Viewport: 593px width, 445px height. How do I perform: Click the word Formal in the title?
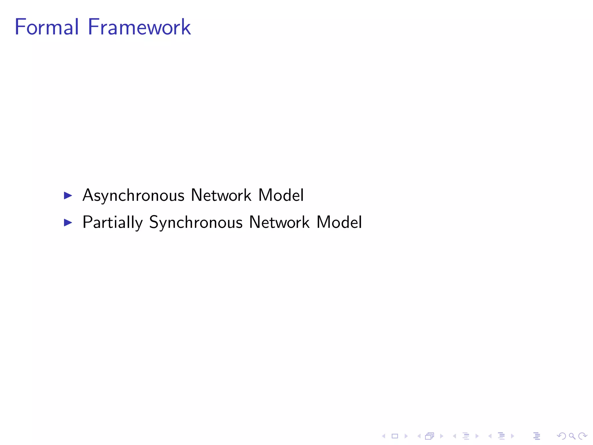46,27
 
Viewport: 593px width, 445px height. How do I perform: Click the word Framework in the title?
139,27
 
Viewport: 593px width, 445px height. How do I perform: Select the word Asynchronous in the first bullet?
133,196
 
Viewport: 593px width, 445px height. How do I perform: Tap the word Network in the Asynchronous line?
221,195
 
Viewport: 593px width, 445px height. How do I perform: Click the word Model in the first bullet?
281,195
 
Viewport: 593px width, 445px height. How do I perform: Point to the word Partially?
113,222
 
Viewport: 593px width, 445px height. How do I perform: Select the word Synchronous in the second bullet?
196,222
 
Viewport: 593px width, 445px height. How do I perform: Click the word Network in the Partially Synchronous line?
279,222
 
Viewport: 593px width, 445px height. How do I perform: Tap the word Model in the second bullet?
339,222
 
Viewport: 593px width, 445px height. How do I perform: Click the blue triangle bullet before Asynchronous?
68,196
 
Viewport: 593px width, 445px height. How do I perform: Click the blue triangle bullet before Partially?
68,222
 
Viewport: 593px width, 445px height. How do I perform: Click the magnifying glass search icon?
572,436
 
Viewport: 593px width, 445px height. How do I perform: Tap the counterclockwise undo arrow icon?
561,436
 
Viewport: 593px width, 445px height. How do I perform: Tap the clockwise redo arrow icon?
583,436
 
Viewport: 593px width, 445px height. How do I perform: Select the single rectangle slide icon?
395,436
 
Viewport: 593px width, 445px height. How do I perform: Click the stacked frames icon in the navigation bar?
430,436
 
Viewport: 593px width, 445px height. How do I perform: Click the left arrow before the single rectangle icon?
384,436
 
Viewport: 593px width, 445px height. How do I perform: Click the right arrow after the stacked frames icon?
442,436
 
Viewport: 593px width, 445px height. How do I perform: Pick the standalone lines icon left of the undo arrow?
537,436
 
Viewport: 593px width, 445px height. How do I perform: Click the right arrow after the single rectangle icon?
406,436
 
